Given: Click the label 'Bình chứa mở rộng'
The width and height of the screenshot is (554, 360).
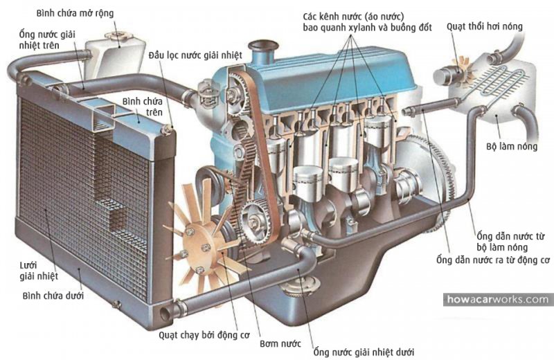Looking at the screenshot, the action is (75, 13).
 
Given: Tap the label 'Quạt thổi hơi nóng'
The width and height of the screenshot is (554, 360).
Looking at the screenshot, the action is (484, 26).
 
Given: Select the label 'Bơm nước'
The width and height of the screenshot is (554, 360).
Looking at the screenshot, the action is (280, 343).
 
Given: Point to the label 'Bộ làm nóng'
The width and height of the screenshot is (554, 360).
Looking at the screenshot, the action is (512, 146).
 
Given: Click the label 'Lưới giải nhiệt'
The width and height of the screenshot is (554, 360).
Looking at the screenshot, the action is (39, 271).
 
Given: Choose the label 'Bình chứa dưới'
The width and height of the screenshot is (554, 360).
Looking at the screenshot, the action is (53, 296).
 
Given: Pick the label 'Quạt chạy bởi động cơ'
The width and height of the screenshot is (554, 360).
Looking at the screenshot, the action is (204, 335).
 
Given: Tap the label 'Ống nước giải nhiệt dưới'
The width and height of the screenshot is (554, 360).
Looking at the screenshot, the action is (364, 352).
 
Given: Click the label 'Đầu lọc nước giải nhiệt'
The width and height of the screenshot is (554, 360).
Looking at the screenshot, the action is (195, 55).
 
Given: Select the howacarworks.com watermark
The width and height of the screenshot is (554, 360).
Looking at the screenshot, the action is (498, 300).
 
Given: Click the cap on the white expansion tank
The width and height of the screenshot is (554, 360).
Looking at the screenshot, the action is (117, 35).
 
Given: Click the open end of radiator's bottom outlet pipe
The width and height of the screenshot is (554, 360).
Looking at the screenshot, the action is (165, 314).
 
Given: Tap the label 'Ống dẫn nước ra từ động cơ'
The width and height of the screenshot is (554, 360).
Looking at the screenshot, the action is (493, 260).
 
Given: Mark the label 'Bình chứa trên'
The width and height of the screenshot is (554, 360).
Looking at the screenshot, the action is (142, 107).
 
